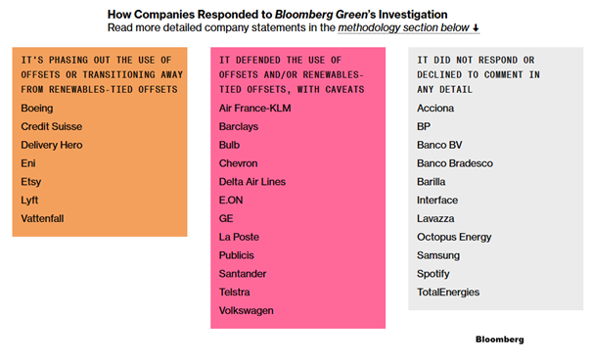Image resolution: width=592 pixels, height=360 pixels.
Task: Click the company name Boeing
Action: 37,109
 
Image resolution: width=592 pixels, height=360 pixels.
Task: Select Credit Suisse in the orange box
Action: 51,127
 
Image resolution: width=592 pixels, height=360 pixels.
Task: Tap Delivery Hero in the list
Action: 52,145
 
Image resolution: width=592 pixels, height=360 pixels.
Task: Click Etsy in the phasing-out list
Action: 31,182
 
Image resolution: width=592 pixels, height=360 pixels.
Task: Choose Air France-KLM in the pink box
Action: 255,109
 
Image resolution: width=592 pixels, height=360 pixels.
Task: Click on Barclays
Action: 241,127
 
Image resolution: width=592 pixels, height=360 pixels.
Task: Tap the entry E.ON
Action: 232,201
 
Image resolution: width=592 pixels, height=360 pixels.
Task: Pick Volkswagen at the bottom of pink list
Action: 247,310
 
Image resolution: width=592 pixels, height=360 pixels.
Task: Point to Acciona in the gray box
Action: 435,109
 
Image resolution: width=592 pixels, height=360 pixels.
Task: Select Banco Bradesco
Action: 455,163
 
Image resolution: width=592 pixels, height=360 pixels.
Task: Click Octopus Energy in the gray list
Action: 454,237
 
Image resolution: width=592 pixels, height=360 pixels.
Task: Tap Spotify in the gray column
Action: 433,274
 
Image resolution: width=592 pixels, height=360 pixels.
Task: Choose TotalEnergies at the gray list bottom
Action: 448,292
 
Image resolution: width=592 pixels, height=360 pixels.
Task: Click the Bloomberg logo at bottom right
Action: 499,339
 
